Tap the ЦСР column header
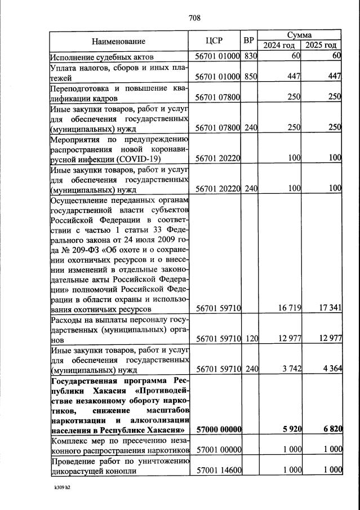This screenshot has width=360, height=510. (215, 41)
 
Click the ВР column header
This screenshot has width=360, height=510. (248, 41)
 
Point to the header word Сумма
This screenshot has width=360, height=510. (300, 35)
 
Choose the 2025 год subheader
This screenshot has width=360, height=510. (321, 45)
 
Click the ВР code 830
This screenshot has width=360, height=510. (250, 57)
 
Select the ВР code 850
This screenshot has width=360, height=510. (250, 77)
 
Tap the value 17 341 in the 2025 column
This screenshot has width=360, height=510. (329, 309)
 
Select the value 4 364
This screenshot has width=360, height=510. (331, 369)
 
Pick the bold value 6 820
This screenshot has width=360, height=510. (331, 429)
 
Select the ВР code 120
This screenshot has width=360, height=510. (250, 339)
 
